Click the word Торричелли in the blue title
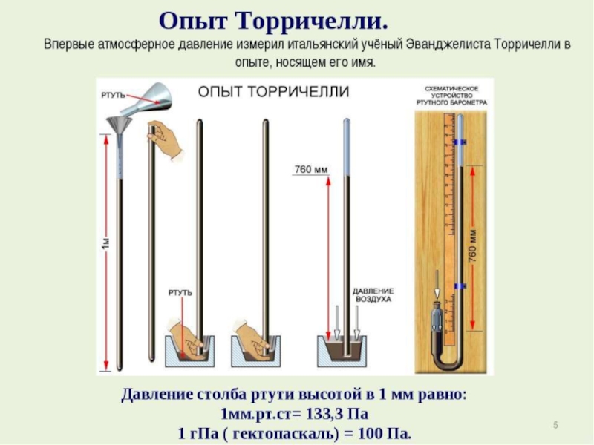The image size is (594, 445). [x=313, y=21]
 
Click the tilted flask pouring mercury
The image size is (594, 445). [x=146, y=99]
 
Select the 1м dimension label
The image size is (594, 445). [x=106, y=243]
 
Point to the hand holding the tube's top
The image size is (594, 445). [x=165, y=140]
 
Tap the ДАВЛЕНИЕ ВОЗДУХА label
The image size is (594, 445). [x=373, y=295]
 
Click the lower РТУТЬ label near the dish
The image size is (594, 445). [x=180, y=293]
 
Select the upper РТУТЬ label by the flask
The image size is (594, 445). [x=113, y=95]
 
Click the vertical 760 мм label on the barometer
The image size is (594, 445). [x=472, y=245]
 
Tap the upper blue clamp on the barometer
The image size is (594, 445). [x=460, y=142]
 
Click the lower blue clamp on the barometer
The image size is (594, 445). [x=460, y=286]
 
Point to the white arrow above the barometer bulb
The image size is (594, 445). [x=437, y=285]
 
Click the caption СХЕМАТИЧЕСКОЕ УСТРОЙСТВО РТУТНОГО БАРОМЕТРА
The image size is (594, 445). [x=451, y=96]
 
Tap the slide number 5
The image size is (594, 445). [x=555, y=425]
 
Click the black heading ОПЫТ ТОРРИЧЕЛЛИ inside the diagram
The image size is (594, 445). [x=273, y=92]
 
